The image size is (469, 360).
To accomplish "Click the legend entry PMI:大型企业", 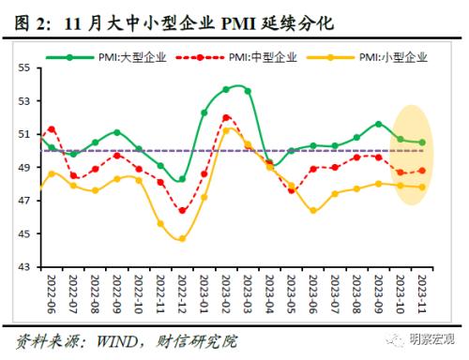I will [x=131, y=57].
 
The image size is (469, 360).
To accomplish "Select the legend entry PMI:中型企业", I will [x=262, y=57].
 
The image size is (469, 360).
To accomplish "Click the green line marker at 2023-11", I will [x=421, y=142].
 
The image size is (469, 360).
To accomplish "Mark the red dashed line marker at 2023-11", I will [x=421, y=171].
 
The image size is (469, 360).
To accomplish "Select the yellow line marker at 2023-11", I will [x=421, y=187].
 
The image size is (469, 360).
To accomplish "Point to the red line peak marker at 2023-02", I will [x=226, y=117].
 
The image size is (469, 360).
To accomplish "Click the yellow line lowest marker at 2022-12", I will [x=182, y=238].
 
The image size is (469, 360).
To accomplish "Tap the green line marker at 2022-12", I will [x=182, y=179].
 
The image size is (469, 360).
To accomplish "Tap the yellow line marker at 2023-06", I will [x=312, y=210].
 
